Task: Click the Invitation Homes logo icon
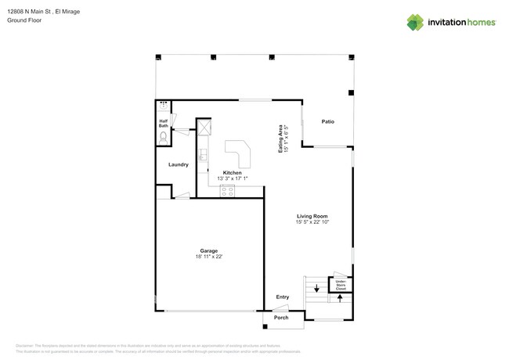414,23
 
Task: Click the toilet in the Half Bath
163,136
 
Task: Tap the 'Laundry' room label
178,164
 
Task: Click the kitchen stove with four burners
227,190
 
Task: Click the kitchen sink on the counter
202,154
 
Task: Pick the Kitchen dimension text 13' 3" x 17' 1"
232,178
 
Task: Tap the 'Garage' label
208,250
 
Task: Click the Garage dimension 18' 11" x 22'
209,257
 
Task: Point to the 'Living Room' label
312,216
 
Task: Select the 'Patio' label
328,121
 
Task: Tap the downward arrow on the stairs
316,290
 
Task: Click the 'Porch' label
281,318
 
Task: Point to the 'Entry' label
282,297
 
